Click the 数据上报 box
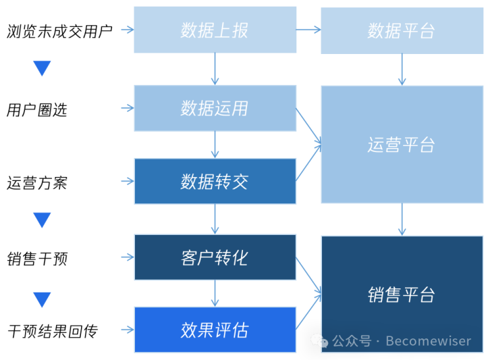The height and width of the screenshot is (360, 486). click(215, 30)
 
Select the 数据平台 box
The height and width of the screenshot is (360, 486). click(402, 30)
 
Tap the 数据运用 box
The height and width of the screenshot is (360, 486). click(215, 108)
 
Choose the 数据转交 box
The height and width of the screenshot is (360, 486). click(215, 181)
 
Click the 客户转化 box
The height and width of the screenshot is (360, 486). click(215, 257)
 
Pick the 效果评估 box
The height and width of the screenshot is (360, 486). click(215, 330)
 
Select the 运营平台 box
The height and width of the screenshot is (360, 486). click(402, 145)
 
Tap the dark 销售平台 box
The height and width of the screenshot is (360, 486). click(402, 294)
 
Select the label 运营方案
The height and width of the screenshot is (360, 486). click(37, 182)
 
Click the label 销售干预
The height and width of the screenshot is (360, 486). click(37, 258)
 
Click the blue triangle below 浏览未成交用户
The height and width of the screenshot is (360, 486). click(42, 68)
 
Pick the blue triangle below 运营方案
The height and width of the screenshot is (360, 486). click(42, 220)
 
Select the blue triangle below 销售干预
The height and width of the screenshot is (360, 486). click(42, 299)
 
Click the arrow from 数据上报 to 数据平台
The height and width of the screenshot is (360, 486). click(308, 30)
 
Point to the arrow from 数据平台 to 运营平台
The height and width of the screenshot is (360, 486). click(402, 70)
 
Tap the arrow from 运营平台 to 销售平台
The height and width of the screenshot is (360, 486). click(402, 220)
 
